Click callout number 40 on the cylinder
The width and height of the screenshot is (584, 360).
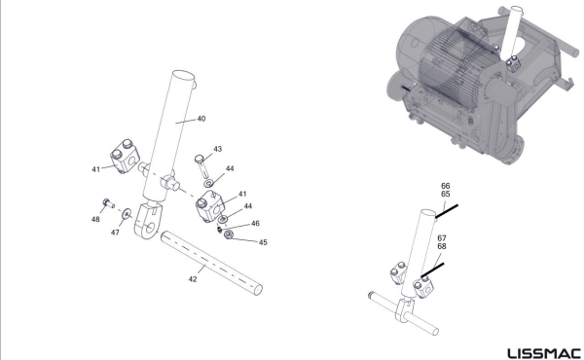[201, 119]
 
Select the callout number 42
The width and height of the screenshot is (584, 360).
[193, 279]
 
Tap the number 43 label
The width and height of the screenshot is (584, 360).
[217, 149]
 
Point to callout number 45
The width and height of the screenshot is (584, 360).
[263, 242]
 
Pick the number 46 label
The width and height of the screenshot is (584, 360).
[255, 224]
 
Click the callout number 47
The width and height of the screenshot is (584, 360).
[115, 233]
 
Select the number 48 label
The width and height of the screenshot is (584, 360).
[95, 219]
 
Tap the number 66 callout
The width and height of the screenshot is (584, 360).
[446, 186]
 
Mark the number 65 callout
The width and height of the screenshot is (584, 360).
[446, 194]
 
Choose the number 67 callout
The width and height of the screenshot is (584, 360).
[442, 237]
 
